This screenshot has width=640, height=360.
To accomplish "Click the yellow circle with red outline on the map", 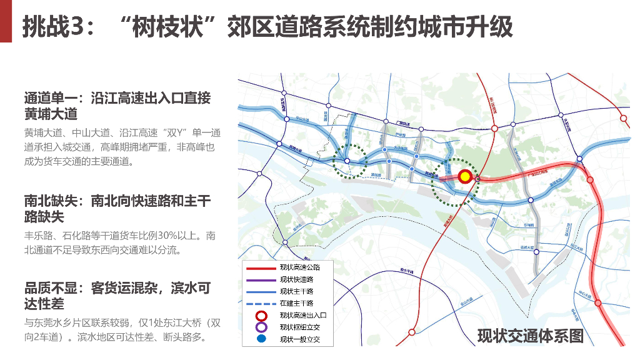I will point(465,177).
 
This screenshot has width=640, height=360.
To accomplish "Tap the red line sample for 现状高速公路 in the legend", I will point(261,267).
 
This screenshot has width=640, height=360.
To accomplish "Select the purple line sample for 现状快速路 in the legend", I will point(261,279).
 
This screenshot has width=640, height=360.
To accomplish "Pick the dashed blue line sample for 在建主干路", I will point(261,303).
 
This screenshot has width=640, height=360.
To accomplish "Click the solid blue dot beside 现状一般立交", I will point(261,339).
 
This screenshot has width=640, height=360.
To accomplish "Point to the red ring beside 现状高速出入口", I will point(261,316).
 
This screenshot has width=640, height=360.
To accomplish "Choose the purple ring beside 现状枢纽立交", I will point(261,327).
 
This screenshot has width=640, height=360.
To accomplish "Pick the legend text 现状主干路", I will point(297,291).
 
